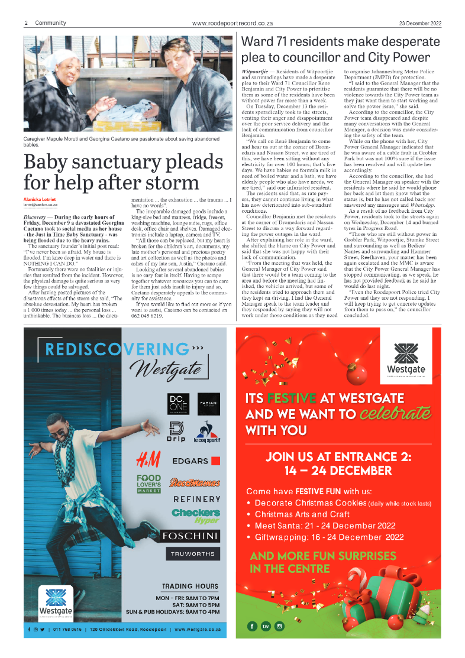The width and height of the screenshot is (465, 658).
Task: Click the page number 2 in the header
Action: (x=27, y=23)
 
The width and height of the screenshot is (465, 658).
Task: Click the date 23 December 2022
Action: (x=420, y=23)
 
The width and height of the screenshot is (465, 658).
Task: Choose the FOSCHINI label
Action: (x=191, y=536)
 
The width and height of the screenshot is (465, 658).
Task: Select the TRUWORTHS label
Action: (x=191, y=555)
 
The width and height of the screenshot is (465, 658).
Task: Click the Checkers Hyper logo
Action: (x=196, y=516)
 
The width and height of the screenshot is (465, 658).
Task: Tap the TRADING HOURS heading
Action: (x=190, y=586)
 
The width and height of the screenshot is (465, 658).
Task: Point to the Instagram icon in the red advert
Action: (x=279, y=626)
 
